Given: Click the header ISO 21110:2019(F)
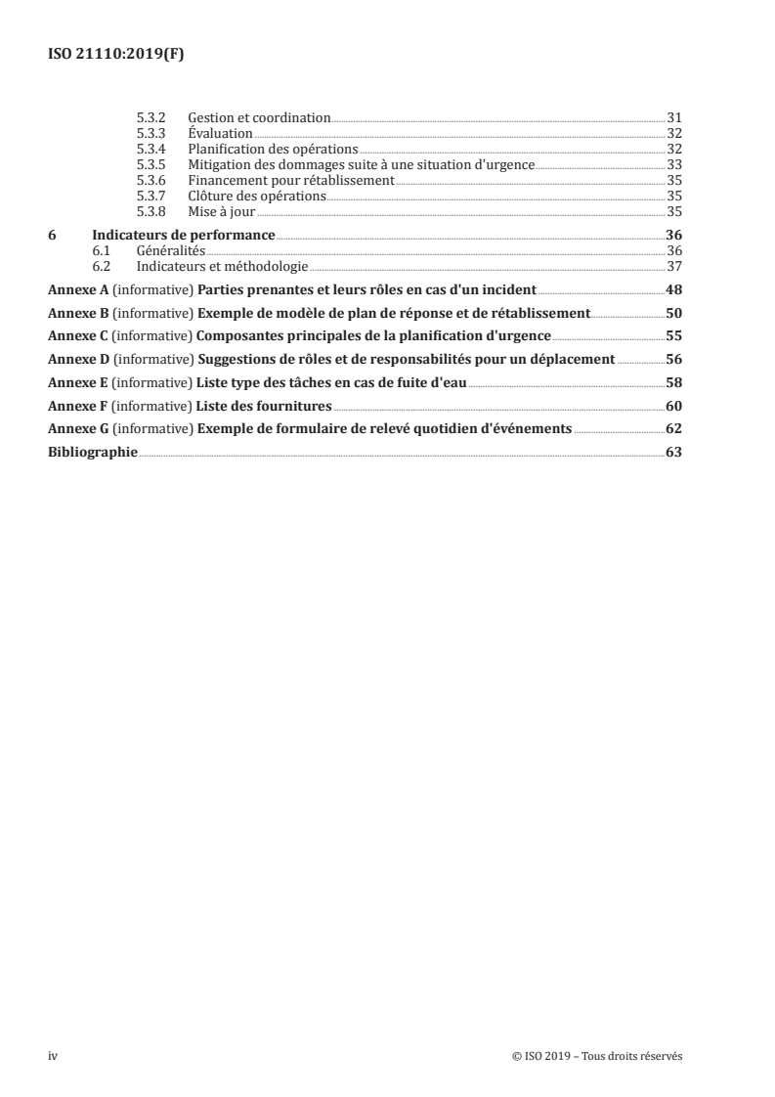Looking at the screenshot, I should (x=116, y=55).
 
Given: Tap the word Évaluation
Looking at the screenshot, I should (x=221, y=133).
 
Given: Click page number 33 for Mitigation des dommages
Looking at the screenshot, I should (x=673, y=164).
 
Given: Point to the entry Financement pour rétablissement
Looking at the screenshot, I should (x=291, y=180).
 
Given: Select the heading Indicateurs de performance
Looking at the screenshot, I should (x=183, y=236).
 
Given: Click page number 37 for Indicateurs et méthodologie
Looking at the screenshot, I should (x=673, y=266).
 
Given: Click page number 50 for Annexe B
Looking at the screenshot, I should (x=673, y=313).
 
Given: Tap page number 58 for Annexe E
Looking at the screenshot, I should (x=673, y=381).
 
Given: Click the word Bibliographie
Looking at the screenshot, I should (x=93, y=452).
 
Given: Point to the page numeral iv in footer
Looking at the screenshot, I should (x=53, y=1055).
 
